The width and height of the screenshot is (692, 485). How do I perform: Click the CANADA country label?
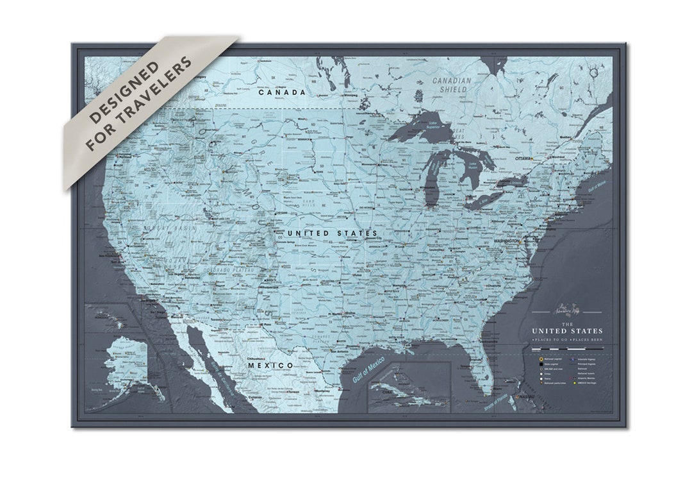282,92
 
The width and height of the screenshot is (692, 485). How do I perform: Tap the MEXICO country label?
270,365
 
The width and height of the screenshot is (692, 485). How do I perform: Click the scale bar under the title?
566,348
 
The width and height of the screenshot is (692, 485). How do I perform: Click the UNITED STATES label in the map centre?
332,233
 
